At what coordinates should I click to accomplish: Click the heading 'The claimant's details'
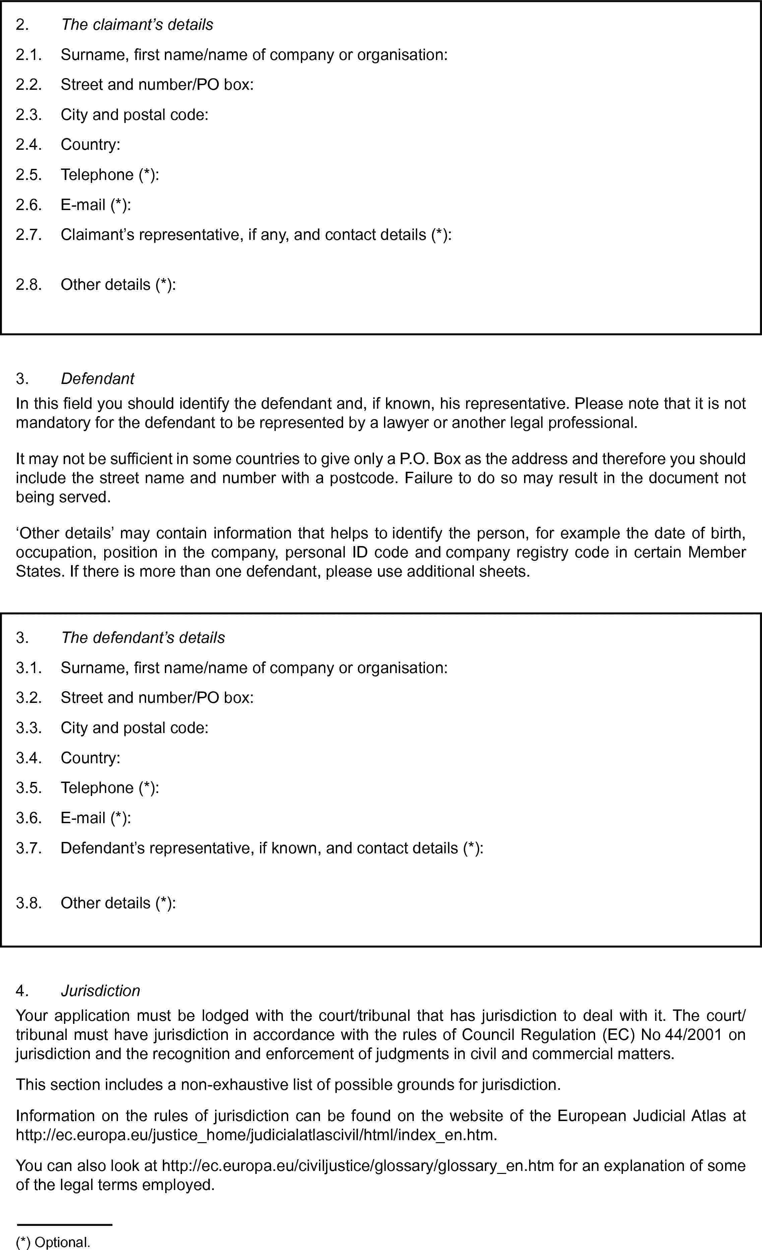point(137,24)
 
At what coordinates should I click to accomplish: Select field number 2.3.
point(28,115)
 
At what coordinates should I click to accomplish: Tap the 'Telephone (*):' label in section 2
point(110,175)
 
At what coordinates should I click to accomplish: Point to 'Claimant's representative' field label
point(256,235)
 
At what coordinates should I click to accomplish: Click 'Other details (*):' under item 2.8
point(118,284)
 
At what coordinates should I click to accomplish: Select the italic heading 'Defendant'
point(98,379)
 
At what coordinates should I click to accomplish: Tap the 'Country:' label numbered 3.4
point(90,758)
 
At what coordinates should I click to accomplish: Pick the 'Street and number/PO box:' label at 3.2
point(157,698)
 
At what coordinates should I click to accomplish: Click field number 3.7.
point(28,848)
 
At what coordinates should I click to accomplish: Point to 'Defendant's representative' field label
point(272,848)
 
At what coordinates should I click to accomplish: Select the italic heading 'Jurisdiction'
point(101,990)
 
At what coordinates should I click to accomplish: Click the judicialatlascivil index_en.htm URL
point(256,1134)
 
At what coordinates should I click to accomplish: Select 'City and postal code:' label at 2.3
point(134,115)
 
